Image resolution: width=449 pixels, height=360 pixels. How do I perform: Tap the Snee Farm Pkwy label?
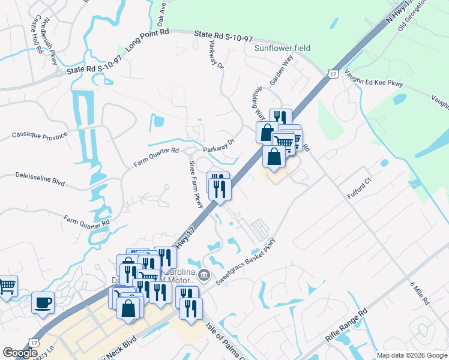click(196, 184)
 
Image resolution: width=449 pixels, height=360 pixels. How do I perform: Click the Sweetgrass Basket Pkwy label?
click(245, 263)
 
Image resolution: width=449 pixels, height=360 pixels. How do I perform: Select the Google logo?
click(20, 352)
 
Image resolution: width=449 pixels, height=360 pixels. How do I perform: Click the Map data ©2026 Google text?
click(411, 355)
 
